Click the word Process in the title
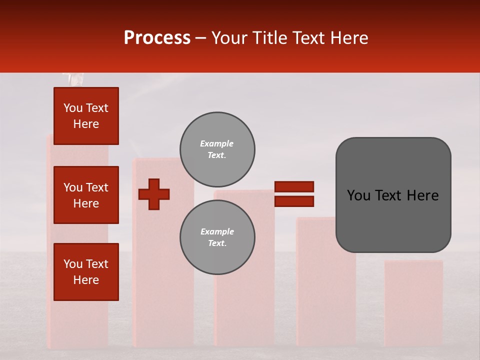(x=157, y=38)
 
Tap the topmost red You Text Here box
(x=86, y=116)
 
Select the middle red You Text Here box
(x=86, y=195)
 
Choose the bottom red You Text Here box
(x=86, y=272)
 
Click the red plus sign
(x=154, y=194)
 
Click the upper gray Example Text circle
(x=217, y=149)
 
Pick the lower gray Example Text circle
(x=217, y=237)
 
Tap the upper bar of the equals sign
(x=294, y=186)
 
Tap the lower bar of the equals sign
(x=294, y=201)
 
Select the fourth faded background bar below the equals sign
(x=326, y=290)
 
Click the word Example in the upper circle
(x=216, y=143)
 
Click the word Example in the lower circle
(x=217, y=231)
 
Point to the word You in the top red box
(x=73, y=108)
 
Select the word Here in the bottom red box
(x=86, y=280)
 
